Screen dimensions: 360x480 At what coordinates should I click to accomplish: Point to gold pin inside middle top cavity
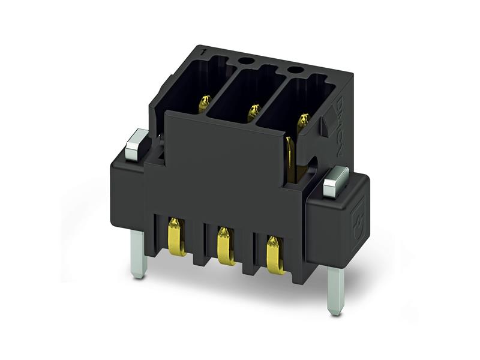tap(254, 112)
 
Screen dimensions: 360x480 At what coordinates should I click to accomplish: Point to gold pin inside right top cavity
tap(303, 122)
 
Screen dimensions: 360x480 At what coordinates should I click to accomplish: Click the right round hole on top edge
tap(294, 70)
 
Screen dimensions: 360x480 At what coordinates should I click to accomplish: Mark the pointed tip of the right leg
tap(335, 311)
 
